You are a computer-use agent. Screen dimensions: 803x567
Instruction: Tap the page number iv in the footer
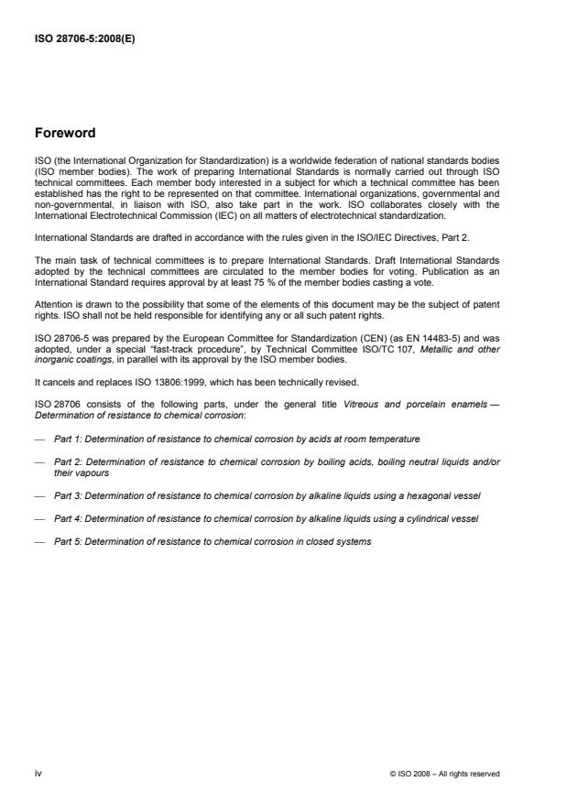coord(38,774)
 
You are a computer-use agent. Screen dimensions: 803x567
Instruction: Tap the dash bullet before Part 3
coord(39,495)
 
